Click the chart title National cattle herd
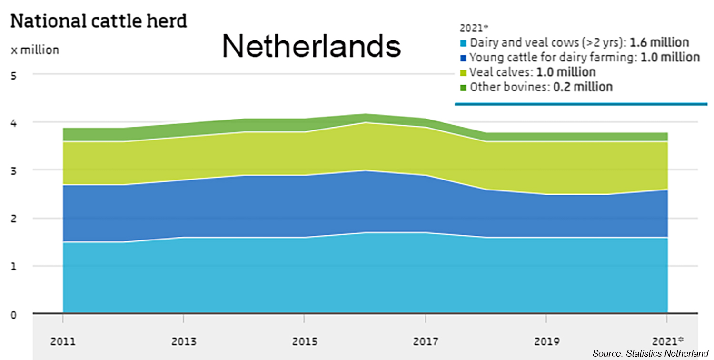tap(99, 21)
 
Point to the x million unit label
tap(35, 50)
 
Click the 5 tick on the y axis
tap(14, 74)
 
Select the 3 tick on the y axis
tap(14, 170)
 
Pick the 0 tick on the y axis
tap(14, 315)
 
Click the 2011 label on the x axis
tap(63, 341)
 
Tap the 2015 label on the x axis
tap(304, 341)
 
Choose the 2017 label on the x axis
tap(425, 341)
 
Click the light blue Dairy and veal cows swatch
tap(463, 43)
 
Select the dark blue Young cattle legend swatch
tap(463, 58)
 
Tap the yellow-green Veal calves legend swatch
tap(463, 73)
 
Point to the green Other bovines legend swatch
tap(463, 88)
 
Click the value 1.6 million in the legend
tap(659, 42)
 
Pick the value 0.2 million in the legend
tap(583, 87)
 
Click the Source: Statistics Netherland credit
tap(650, 353)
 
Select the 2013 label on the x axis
tap(184, 341)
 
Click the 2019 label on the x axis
tap(546, 341)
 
